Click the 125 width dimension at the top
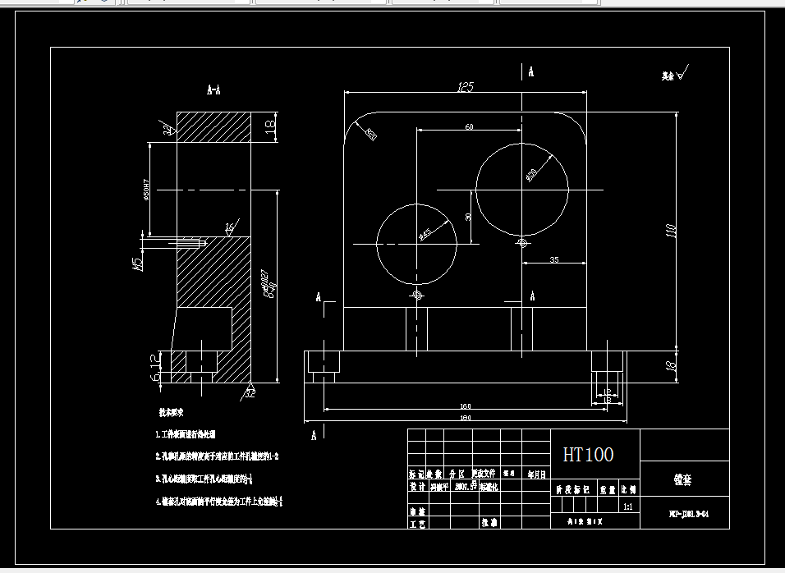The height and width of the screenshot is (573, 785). click(466, 86)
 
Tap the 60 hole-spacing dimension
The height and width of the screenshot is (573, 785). click(469, 126)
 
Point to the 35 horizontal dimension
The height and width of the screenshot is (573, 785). click(553, 259)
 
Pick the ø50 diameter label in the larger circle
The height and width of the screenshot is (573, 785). click(531, 174)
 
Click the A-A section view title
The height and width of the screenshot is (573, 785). click(213, 89)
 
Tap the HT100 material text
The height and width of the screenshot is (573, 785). click(588, 454)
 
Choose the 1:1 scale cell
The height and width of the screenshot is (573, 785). click(628, 507)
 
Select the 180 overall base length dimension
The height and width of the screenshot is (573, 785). click(466, 419)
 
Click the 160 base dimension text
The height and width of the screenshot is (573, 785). click(466, 406)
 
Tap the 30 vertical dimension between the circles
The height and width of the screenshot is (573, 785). click(468, 217)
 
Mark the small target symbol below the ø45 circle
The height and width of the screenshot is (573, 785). click(418, 294)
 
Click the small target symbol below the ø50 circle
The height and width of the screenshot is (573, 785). click(523, 242)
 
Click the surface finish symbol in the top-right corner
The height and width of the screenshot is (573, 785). click(677, 74)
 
